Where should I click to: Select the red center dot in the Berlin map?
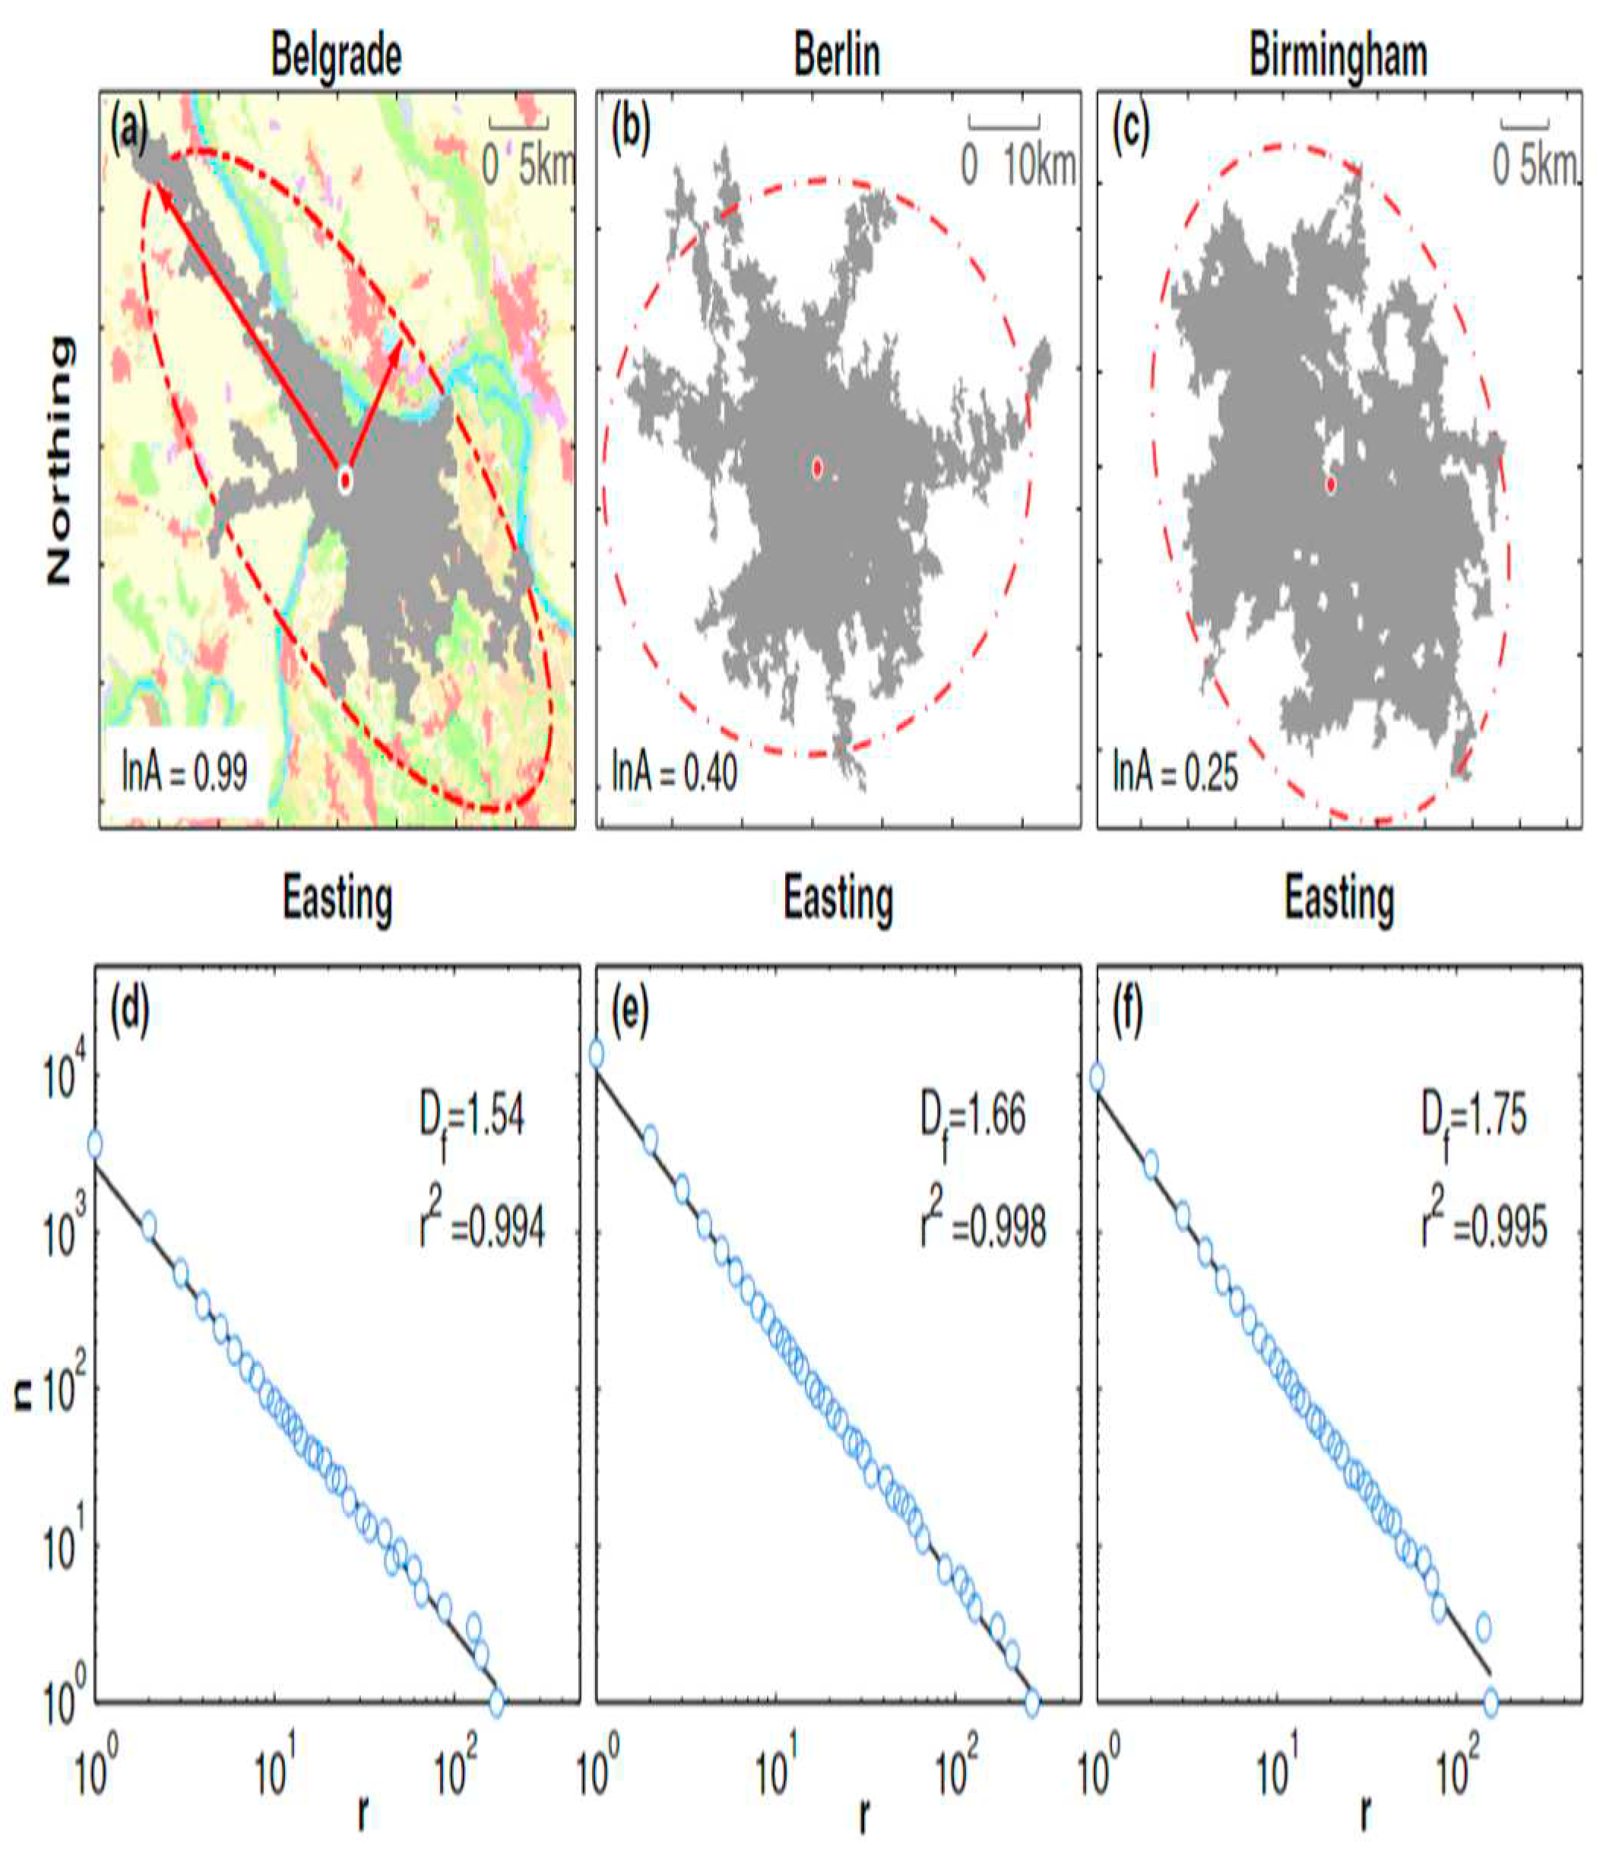pos(817,468)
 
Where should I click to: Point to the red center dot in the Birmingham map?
pos(1331,485)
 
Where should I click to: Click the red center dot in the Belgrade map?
pos(345,481)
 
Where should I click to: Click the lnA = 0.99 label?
pos(185,771)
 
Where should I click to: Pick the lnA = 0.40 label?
pos(675,771)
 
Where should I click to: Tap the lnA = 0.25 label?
pos(1175,773)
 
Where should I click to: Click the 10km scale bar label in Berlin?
pos(1039,166)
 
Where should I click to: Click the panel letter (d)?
pos(130,1012)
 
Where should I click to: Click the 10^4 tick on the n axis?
pos(64,1077)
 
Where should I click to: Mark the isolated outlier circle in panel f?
pos(1484,1626)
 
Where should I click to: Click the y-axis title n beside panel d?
pos(24,1397)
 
